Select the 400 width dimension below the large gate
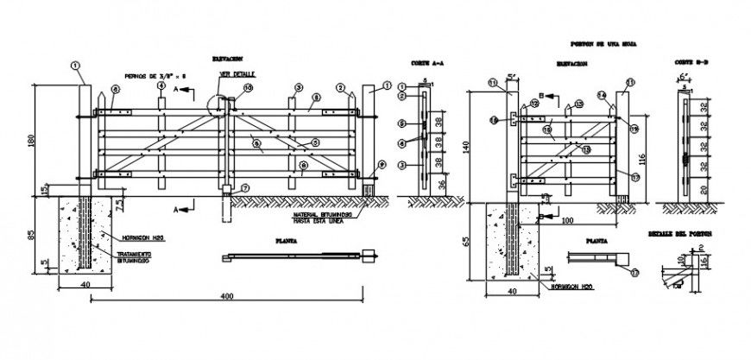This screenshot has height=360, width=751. pos(226,296)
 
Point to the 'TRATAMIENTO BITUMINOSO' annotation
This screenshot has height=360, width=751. pos(136,258)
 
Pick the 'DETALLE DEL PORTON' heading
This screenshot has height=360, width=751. pos(678,235)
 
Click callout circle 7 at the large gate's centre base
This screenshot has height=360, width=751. pos(245,188)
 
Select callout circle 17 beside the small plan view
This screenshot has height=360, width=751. pos(634,274)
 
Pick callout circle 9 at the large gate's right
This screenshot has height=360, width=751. pos(381,165)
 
